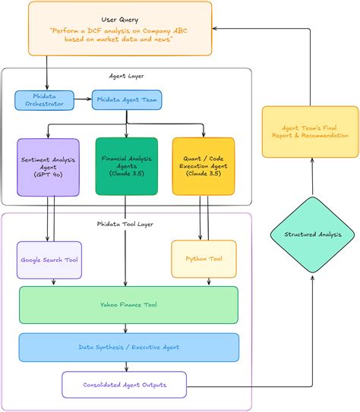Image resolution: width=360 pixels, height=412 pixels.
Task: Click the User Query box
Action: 122,29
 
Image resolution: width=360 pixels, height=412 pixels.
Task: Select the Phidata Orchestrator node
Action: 44,99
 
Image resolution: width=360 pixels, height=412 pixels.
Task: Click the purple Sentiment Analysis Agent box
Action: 48,167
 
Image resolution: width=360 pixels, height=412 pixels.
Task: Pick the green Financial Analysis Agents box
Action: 126,166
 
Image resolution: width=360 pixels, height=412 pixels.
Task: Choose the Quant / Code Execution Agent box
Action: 203,166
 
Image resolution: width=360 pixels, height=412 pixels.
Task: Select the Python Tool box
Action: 204,259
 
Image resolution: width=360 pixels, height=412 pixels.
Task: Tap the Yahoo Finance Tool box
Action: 128,305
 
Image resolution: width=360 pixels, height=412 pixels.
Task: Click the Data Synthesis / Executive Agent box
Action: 128,347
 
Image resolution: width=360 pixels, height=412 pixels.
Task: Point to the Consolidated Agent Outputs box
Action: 125,385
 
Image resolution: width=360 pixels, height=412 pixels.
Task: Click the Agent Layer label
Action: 127,76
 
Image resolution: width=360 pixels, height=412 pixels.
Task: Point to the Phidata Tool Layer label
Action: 127,225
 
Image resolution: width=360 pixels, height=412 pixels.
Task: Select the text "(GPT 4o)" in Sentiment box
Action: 48,175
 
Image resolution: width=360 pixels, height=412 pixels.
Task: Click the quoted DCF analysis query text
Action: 122,35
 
